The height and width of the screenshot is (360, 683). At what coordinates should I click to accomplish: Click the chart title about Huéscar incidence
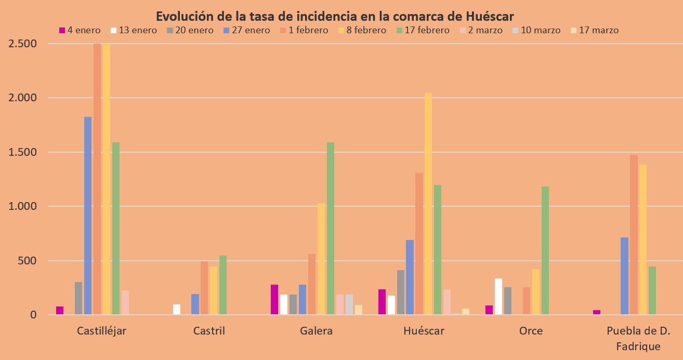pyautogui.click(x=335, y=15)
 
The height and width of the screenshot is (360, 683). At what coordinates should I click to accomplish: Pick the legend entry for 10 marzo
pyautogui.click(x=535, y=30)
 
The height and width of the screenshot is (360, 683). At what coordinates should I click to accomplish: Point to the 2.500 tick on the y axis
pyautogui.click(x=23, y=44)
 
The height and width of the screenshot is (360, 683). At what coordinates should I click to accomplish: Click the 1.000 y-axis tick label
pyautogui.click(x=23, y=206)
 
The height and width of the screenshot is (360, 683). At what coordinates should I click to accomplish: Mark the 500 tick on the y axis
pyautogui.click(x=27, y=261)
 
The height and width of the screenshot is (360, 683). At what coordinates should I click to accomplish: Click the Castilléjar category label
pyautogui.click(x=101, y=331)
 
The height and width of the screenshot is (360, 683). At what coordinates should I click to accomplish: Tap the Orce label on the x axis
pyautogui.click(x=531, y=331)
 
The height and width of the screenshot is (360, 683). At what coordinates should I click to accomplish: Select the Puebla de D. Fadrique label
pyautogui.click(x=638, y=338)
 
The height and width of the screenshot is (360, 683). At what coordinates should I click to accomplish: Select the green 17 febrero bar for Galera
pyautogui.click(x=331, y=228)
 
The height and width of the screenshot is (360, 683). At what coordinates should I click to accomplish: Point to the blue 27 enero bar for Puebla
pyautogui.click(x=624, y=276)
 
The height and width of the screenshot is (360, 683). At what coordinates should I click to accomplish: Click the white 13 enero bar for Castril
pyautogui.click(x=177, y=309)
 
